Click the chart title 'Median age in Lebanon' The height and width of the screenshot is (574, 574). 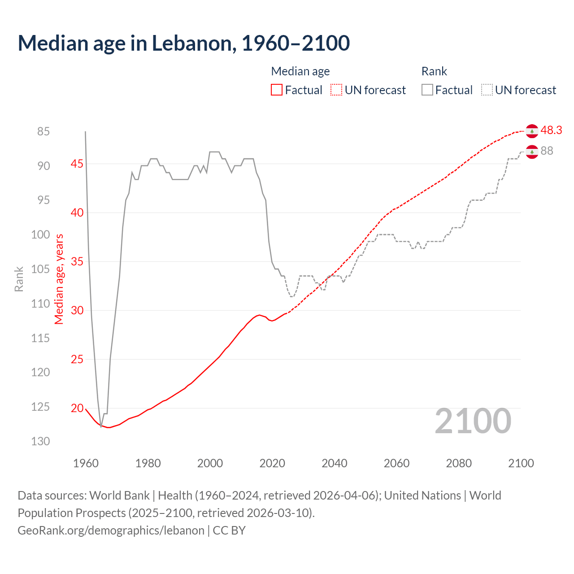point(183,43)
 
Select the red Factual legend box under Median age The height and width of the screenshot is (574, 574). point(277,90)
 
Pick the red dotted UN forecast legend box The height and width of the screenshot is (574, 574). point(336,90)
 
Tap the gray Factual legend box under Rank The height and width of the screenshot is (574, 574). point(427,90)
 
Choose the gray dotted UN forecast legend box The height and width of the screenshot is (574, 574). point(487,90)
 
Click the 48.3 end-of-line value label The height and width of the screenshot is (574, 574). point(551,130)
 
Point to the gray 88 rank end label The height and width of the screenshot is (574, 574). point(547,151)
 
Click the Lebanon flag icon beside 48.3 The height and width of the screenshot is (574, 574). point(532,131)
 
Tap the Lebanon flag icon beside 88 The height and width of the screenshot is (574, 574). point(532,152)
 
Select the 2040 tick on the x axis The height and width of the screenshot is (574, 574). point(334,463)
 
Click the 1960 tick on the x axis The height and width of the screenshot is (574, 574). point(86,463)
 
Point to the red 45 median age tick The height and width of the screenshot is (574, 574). point(77,164)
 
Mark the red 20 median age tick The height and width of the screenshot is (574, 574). point(77,408)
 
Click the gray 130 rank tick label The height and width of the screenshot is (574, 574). point(40,441)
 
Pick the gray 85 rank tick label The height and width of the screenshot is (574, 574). point(43,131)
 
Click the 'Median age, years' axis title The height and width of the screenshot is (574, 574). point(59,279)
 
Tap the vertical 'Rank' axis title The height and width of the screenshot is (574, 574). point(19,279)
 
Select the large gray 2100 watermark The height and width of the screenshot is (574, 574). point(473,421)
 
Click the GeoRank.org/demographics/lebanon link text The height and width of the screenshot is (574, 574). point(111,531)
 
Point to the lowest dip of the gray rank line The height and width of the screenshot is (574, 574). point(101,426)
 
